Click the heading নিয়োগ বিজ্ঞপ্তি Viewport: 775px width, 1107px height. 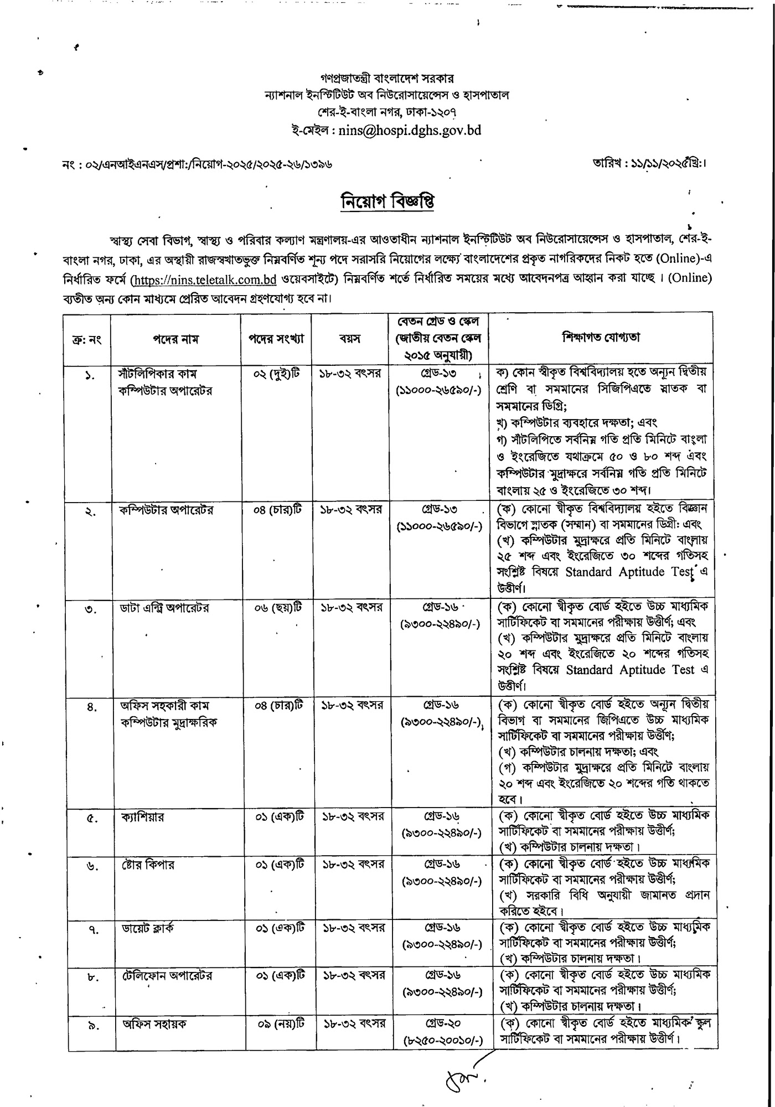point(387,201)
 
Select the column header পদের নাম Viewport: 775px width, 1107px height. point(175,339)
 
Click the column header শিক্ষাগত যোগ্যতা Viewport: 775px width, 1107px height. point(601,337)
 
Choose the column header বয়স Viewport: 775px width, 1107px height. point(350,338)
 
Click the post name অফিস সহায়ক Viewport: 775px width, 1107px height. point(154,1023)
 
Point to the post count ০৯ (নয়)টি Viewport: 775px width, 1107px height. point(281,1024)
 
